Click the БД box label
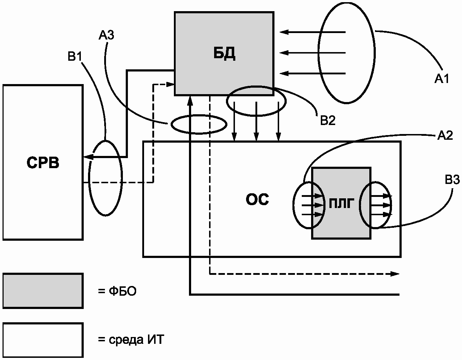click(x=223, y=54)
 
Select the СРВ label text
click(x=43, y=163)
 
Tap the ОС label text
click(x=257, y=199)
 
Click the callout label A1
click(x=442, y=79)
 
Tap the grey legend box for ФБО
click(x=43, y=291)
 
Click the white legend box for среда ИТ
click(x=43, y=339)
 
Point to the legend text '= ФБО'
click(x=117, y=291)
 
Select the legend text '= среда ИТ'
click(x=130, y=340)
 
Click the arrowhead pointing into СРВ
click(x=87, y=157)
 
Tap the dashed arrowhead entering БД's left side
click(x=171, y=84)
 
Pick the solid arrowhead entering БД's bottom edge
click(x=190, y=99)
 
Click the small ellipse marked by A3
click(x=199, y=124)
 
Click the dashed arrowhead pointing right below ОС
click(x=396, y=274)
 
